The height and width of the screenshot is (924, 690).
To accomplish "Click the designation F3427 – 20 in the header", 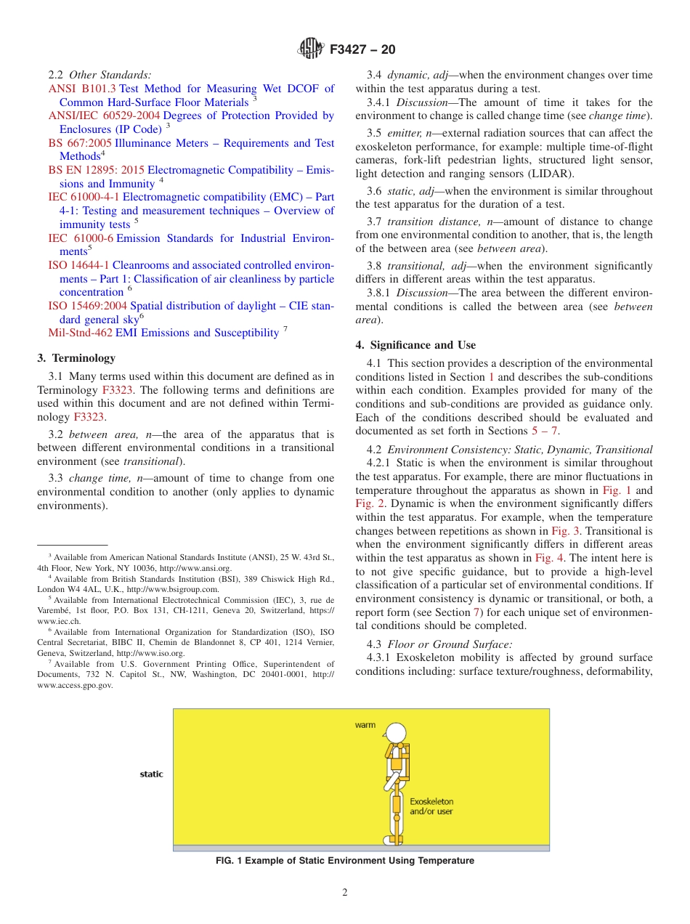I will [362, 50].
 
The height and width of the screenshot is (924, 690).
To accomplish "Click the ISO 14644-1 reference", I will [78, 265].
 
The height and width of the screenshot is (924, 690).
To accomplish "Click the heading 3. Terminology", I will [76, 358].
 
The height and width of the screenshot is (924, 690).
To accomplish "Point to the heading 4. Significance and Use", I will [415, 345].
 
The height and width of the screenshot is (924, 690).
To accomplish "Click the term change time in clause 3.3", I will [96, 478].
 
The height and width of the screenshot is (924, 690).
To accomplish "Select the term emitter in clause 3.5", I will [405, 133].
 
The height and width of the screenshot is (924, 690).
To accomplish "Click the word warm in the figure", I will [365, 725].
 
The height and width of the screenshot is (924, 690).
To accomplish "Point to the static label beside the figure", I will [151, 774].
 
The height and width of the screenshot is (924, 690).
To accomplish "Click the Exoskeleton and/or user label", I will [431, 806].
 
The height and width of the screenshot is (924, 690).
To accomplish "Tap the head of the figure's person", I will [396, 733].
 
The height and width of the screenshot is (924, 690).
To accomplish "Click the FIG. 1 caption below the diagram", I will [345, 861].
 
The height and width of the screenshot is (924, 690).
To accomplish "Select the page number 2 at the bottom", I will [345, 893].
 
